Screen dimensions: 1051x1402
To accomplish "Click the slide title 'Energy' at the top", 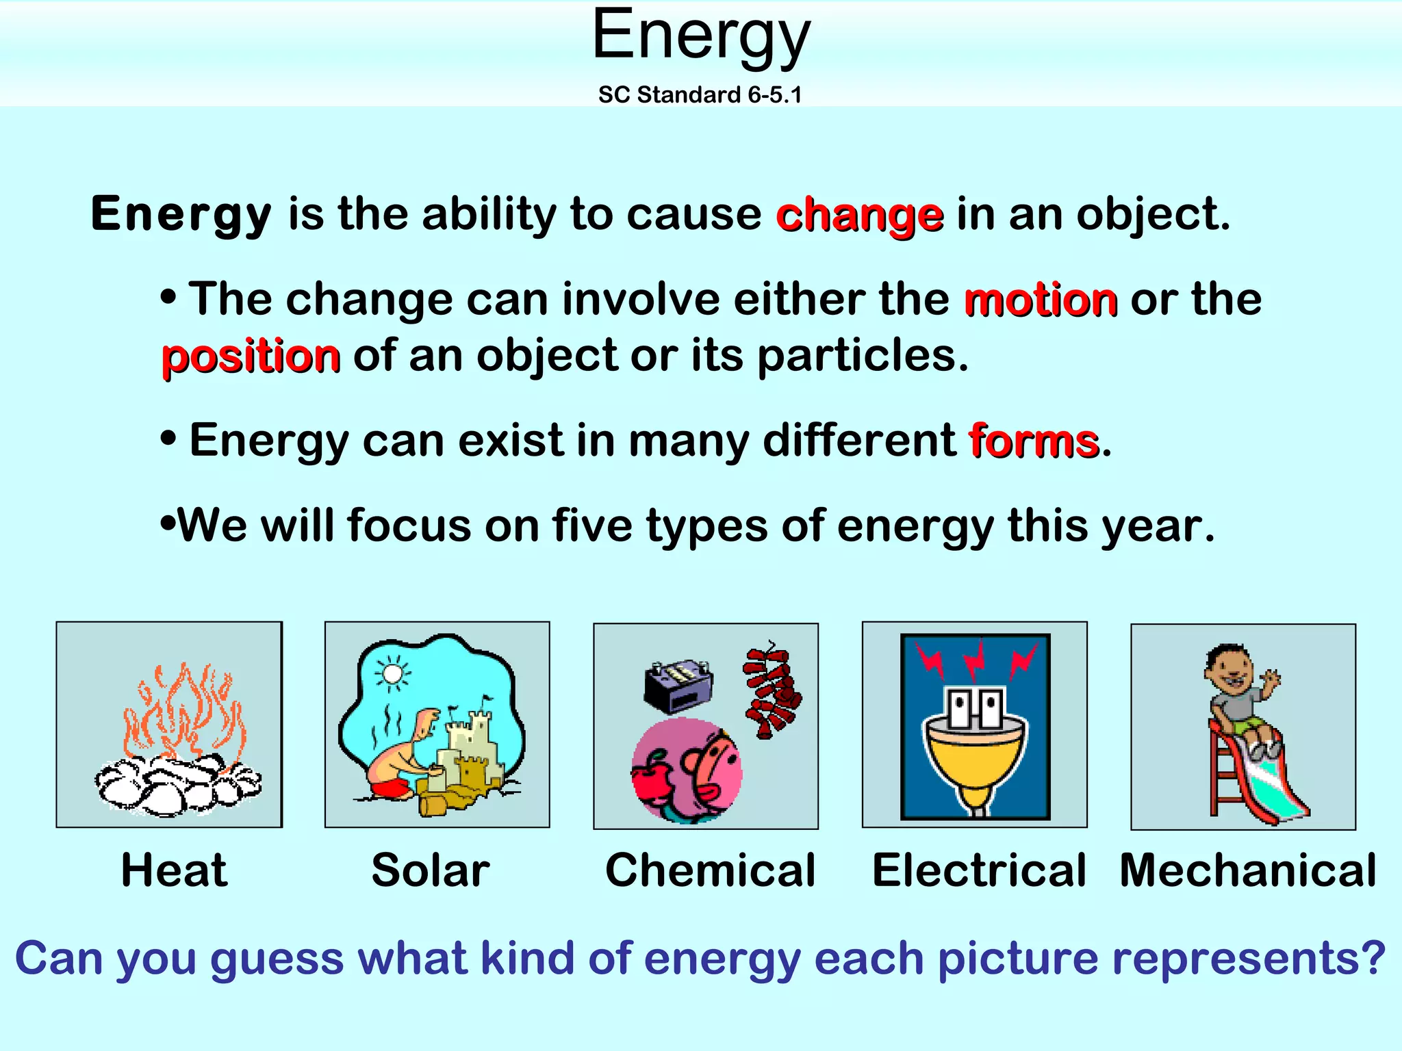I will click(x=701, y=36).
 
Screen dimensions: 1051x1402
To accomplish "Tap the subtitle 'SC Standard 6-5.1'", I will click(x=700, y=94).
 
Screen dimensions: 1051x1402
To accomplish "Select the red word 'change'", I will click(x=860, y=215).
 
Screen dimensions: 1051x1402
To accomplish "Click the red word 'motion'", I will click(x=1041, y=300).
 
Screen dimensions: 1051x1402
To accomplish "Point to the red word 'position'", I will click(x=251, y=356).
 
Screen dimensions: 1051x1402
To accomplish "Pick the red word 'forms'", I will click(x=1034, y=440).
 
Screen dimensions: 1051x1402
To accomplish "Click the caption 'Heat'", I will click(x=174, y=870).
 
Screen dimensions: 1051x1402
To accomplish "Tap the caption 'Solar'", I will click(x=431, y=870).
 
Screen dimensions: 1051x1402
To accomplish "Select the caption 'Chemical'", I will click(x=710, y=870).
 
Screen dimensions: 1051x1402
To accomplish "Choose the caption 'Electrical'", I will click(x=979, y=870).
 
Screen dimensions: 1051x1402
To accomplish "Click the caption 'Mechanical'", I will click(x=1247, y=870).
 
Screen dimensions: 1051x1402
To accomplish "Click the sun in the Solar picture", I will click(x=392, y=674).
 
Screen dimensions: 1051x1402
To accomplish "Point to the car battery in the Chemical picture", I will click(x=678, y=684).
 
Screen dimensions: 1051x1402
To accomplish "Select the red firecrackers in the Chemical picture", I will click(x=772, y=691).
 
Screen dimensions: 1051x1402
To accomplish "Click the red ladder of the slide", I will click(x=1222, y=773).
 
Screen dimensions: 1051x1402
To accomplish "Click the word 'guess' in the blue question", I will click(x=276, y=959).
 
